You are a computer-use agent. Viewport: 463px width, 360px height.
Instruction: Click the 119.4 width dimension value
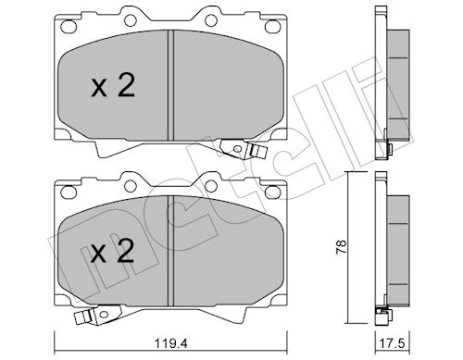pyautogui.click(x=171, y=343)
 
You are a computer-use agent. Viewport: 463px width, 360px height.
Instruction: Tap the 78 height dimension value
pyautogui.click(x=342, y=247)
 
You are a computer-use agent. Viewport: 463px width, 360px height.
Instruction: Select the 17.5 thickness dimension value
pyautogui.click(x=393, y=343)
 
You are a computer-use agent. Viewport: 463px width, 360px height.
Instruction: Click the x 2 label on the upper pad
pyautogui.click(x=113, y=87)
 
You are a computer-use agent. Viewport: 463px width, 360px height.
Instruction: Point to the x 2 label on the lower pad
pyautogui.click(x=112, y=252)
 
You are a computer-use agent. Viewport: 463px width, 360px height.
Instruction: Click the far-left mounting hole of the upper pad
pyautogui.click(x=69, y=26)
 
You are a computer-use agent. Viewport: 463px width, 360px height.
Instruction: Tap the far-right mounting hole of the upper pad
pyautogui.click(x=272, y=26)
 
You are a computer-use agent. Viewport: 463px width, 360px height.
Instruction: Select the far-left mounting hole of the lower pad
pyautogui.click(x=69, y=192)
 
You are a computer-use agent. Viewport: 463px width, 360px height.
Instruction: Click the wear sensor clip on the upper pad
pyautogui.click(x=244, y=150)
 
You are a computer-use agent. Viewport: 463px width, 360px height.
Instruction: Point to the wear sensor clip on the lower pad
pyautogui.click(x=98, y=315)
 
